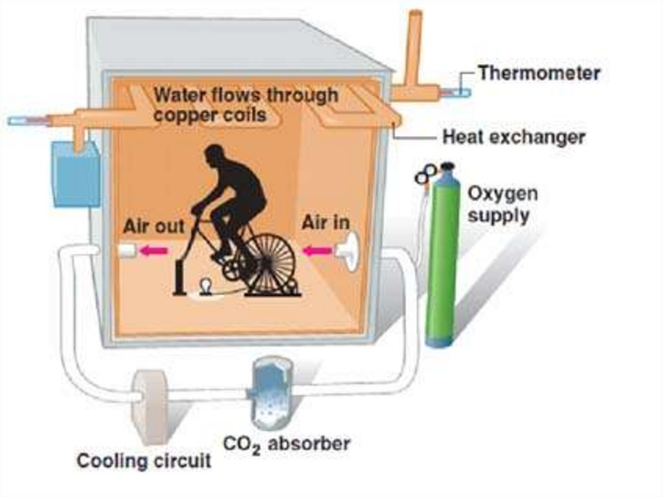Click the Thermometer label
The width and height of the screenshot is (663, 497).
tap(539, 73)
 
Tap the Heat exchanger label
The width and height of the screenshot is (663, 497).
tap(513, 137)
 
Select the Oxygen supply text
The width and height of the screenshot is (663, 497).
tap(502, 204)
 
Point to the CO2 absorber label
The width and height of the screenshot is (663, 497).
tap(286, 445)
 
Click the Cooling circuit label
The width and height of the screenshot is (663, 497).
tap(144, 461)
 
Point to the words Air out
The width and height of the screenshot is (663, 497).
tap(154, 226)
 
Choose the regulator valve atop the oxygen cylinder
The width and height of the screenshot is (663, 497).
tap(427, 174)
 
